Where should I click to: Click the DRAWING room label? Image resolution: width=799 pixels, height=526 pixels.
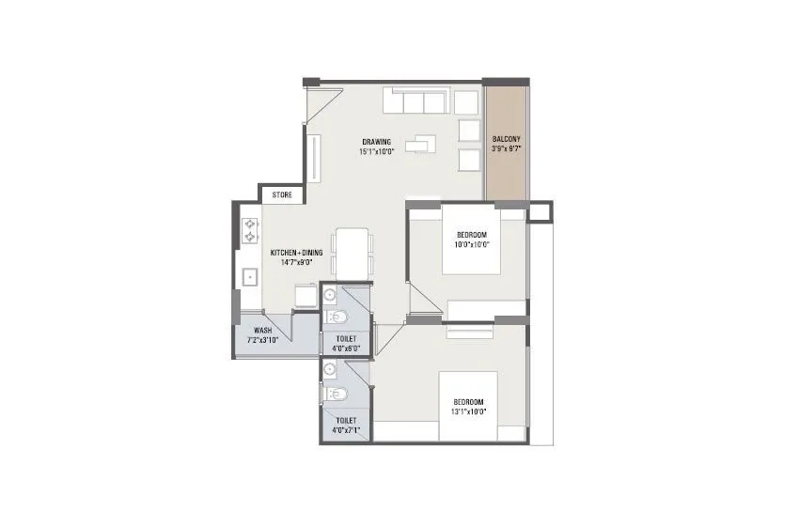click(376, 142)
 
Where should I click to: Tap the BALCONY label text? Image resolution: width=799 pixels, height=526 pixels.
click(507, 139)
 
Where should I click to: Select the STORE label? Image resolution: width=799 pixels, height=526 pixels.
click(282, 195)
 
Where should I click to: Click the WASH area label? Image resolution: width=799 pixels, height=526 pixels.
click(262, 331)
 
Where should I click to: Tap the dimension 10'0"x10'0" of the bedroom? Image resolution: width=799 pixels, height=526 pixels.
click(472, 243)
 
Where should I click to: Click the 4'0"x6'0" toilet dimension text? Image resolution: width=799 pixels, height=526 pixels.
click(346, 348)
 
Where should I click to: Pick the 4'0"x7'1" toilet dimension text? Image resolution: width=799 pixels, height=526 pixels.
click(346, 429)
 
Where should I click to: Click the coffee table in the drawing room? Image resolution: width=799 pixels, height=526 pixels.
click(422, 144)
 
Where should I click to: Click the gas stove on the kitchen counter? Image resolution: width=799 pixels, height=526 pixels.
click(250, 230)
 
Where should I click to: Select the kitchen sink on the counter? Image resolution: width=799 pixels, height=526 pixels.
click(250, 276)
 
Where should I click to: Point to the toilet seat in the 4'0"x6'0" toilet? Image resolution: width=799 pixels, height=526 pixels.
click(341, 316)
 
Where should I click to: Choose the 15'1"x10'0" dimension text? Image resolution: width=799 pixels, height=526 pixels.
click(376, 151)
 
